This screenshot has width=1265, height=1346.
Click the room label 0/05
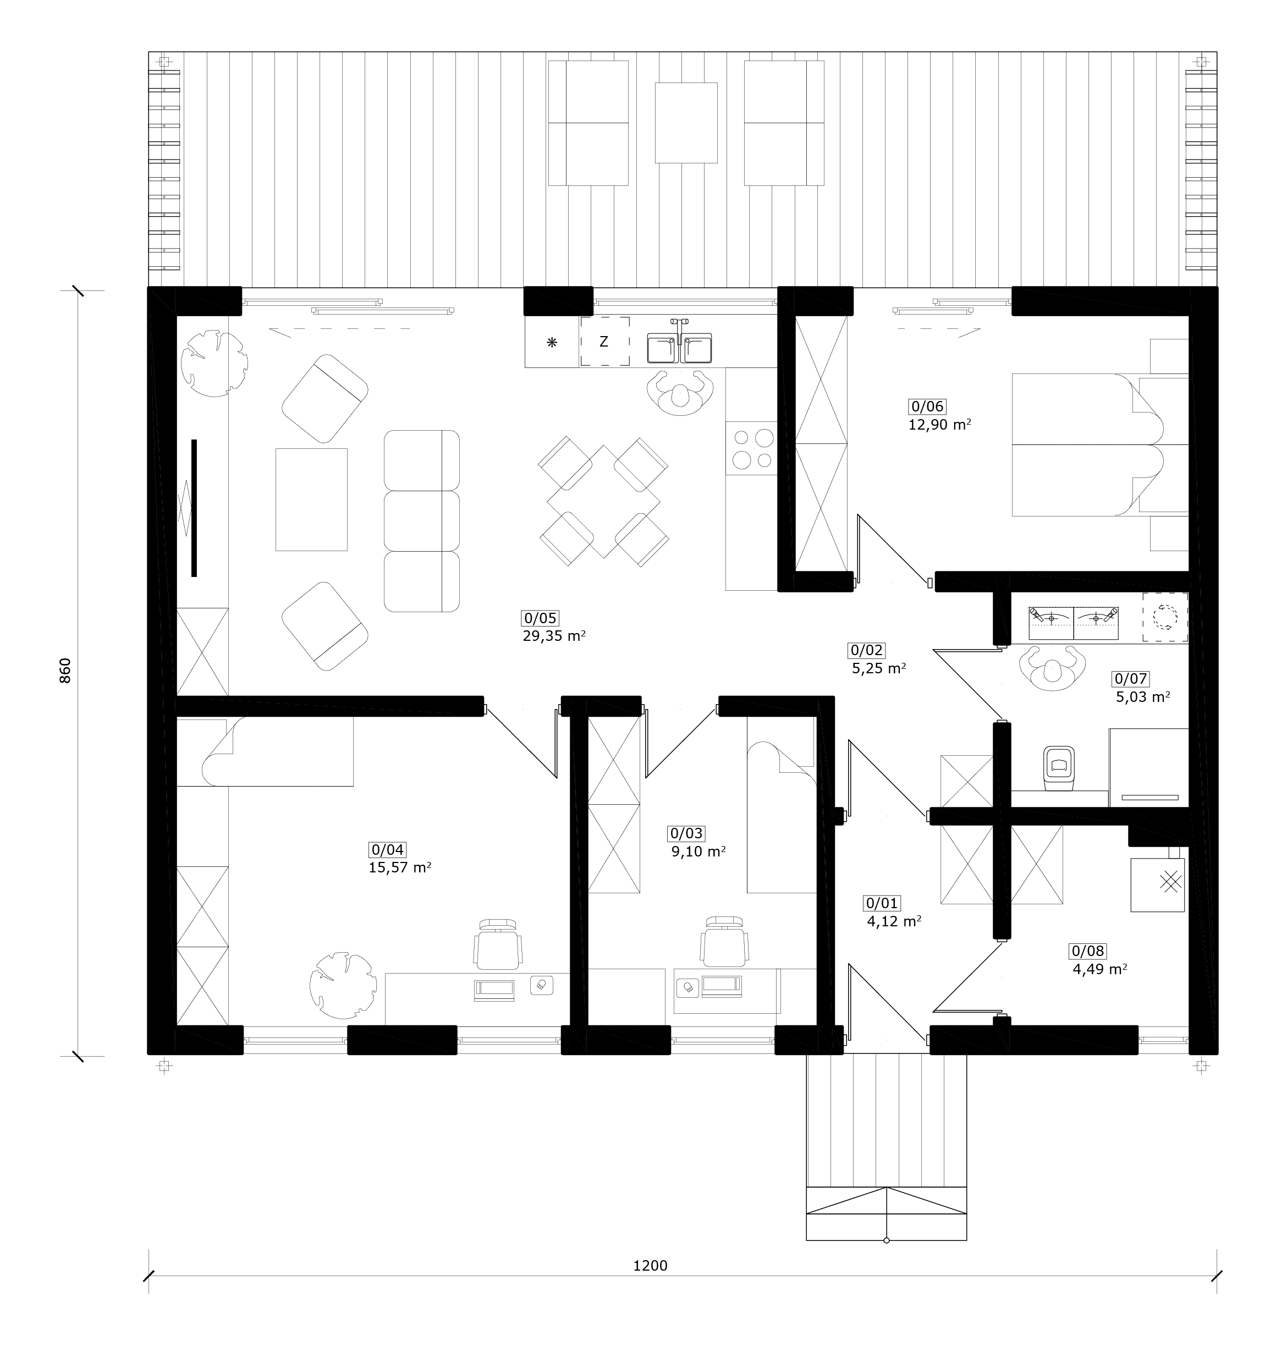540,618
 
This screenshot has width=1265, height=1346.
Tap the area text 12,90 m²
940,425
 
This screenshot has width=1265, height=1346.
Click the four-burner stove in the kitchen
751,448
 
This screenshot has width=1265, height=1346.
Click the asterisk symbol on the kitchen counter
552,342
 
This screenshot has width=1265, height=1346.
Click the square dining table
604,502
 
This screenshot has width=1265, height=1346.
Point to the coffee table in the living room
311,499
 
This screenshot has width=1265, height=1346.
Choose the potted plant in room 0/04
343,985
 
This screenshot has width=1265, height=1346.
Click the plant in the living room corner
213,363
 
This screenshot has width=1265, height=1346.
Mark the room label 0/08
1088,951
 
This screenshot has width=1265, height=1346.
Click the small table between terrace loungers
686,123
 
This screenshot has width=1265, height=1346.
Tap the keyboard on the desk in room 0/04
494,989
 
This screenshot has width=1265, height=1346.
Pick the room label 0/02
866,650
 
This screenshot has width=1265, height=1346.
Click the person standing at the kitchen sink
680,393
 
